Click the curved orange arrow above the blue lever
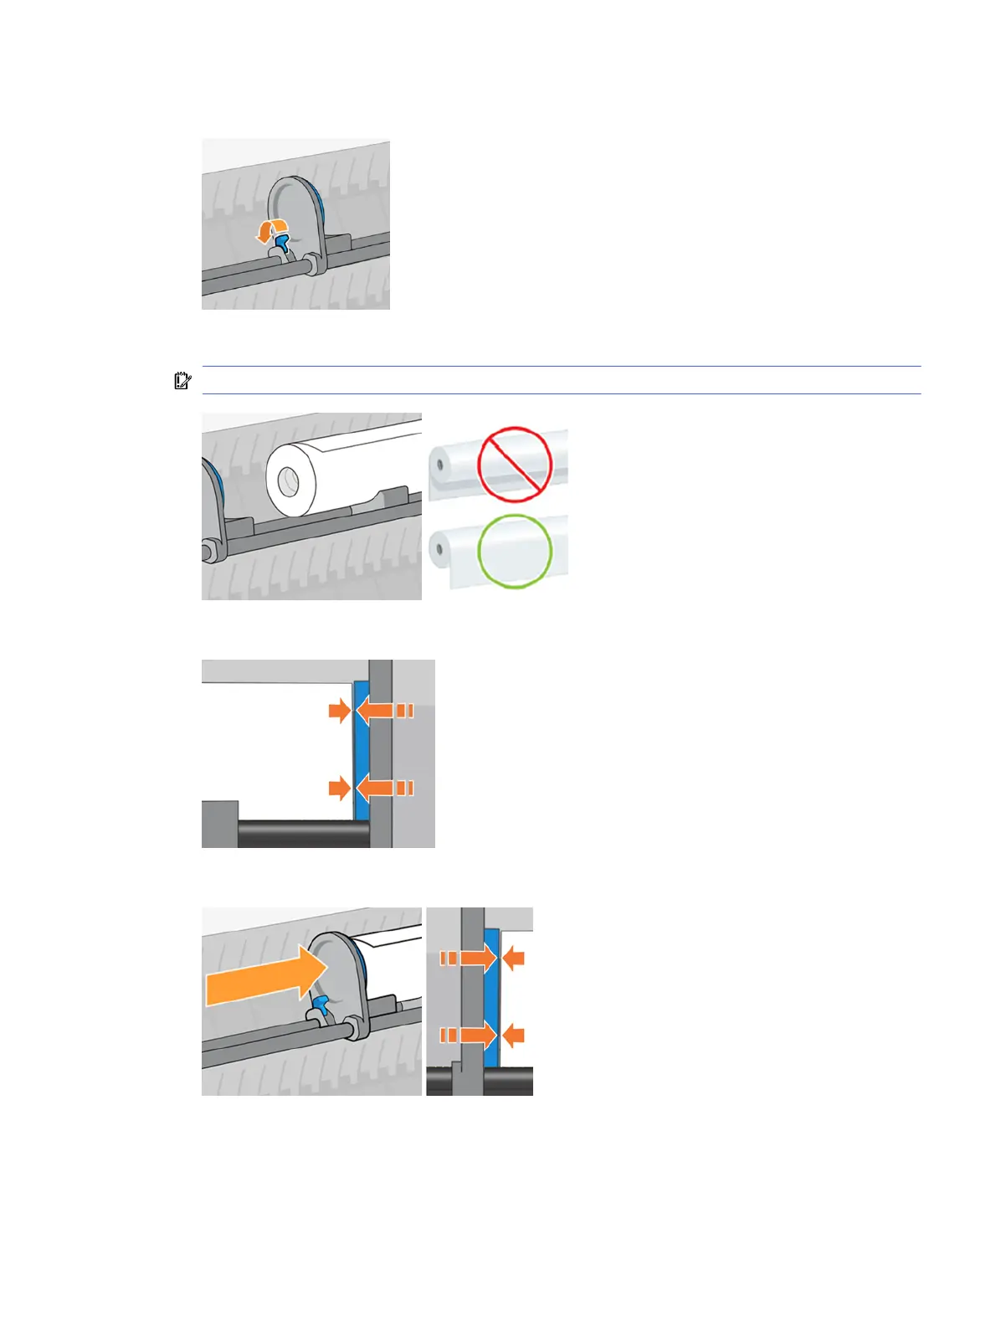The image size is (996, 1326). coord(272,229)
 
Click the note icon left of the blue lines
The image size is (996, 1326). coord(182,381)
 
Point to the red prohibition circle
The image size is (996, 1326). coord(515,464)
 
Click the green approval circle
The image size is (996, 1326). coord(515,550)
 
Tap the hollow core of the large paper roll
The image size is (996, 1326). coord(288,481)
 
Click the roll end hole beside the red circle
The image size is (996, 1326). coord(439,464)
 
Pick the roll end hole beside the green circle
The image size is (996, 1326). coord(439,550)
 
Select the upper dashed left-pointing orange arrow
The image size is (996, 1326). coord(385,711)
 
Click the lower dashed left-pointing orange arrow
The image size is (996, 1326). coord(385,788)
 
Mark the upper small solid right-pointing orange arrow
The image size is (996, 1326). coord(339,711)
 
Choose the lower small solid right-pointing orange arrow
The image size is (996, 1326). coord(339,788)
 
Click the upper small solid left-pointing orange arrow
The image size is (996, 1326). coord(513,958)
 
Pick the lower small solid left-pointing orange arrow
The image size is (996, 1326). coord(513,1036)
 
